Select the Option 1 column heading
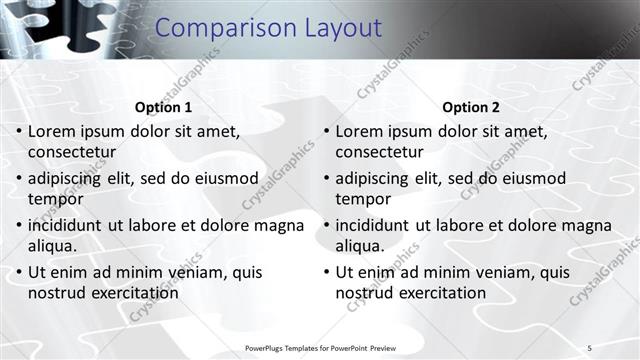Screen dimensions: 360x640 click(163, 107)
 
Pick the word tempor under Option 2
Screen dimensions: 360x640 click(363, 199)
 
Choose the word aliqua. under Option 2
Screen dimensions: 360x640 click(360, 246)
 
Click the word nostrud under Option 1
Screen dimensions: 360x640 click(56, 293)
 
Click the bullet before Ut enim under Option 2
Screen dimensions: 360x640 click(326, 272)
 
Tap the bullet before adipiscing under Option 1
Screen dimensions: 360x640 click(19, 178)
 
